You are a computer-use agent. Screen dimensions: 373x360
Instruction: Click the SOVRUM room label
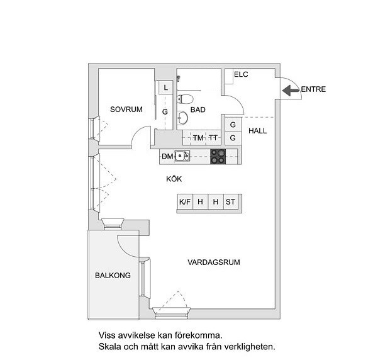click(x=126, y=110)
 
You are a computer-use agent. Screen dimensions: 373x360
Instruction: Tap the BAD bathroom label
click(x=198, y=110)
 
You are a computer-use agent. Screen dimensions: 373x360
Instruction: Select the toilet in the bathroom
click(x=184, y=99)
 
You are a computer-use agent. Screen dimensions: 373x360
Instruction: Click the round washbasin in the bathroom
click(x=182, y=118)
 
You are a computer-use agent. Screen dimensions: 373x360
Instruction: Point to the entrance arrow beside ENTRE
click(x=291, y=91)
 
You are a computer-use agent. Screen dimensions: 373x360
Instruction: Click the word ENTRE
click(x=313, y=89)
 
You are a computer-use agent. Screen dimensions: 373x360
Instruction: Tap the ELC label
click(x=241, y=74)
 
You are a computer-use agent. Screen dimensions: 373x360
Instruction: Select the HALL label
click(x=258, y=131)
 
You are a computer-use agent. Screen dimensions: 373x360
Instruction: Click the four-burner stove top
click(x=218, y=157)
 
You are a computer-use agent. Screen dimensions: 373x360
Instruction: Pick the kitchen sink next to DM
click(x=182, y=156)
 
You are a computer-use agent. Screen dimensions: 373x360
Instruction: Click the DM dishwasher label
click(x=167, y=157)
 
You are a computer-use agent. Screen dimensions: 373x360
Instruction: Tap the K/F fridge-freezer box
click(x=185, y=202)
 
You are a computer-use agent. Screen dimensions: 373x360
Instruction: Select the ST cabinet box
click(x=230, y=202)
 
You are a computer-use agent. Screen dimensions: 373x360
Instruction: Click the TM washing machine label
click(x=198, y=138)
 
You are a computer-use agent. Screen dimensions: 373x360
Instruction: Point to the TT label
click(x=213, y=138)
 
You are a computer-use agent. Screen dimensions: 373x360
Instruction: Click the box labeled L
click(x=166, y=87)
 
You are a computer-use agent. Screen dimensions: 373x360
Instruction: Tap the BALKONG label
click(x=113, y=276)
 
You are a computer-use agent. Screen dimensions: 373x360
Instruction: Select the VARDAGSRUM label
click(x=214, y=262)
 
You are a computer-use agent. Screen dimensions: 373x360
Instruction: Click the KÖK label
click(x=174, y=179)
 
